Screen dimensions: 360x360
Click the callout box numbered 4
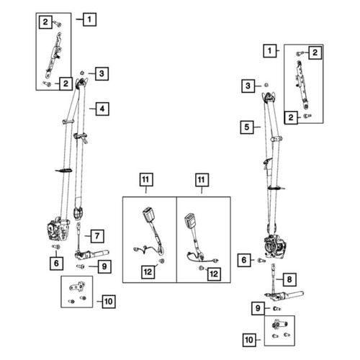pyautogui.click(x=102, y=109)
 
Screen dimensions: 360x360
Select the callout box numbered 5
pyautogui.click(x=247, y=127)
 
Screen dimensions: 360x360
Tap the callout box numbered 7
pyautogui.click(x=97, y=236)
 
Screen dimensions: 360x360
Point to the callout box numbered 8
pyautogui.click(x=289, y=279)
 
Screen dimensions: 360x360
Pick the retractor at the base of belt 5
pyautogui.click(x=275, y=247)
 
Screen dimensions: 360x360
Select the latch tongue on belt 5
pyautogui.click(x=268, y=163)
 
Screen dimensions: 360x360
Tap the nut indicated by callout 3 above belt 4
pyautogui.click(x=82, y=72)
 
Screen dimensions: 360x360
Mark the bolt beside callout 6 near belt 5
pyautogui.click(x=261, y=261)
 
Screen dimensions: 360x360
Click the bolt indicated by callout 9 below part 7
pyautogui.click(x=81, y=266)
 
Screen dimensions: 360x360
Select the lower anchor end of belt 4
pyautogui.click(x=78, y=213)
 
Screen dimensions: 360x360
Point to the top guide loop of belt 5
pyautogui.click(x=270, y=96)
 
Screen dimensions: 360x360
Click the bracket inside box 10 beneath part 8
pyautogui.click(x=279, y=324)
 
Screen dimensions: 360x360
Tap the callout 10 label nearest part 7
pyautogui.click(x=109, y=301)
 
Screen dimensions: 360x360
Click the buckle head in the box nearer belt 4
pyautogui.click(x=148, y=214)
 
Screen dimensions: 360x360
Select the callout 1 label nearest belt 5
pyautogui.click(x=270, y=51)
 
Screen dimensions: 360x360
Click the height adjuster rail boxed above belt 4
pyautogui.click(x=54, y=55)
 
